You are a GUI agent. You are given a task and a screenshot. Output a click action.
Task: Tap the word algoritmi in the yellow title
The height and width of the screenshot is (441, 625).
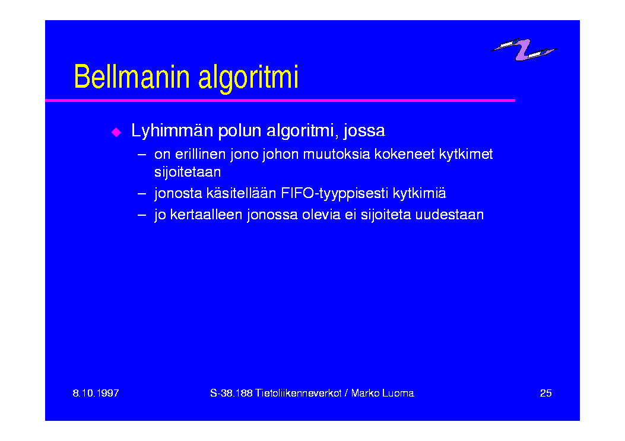[x=248, y=79]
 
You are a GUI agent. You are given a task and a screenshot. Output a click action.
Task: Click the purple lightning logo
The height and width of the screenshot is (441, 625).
[x=524, y=49]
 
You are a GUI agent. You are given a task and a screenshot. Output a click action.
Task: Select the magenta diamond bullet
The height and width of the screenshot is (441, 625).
[x=116, y=132]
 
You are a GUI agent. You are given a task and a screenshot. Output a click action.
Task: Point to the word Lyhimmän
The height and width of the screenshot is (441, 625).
[x=172, y=131]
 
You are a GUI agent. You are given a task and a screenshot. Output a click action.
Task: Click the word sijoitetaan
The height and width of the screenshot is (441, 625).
[x=188, y=172]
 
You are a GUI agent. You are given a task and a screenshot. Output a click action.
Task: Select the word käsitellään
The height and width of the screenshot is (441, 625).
[x=241, y=193]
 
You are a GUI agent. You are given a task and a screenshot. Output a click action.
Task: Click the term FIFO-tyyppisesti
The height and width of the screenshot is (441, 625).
[x=334, y=194]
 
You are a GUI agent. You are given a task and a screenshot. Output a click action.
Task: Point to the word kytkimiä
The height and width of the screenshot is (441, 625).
[x=419, y=193]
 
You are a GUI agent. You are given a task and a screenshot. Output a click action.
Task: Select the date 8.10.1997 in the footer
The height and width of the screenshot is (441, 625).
[x=96, y=393]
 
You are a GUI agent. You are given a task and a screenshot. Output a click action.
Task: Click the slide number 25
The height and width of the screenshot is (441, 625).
[x=545, y=393]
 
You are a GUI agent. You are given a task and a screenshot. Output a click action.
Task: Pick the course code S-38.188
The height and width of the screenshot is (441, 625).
[x=231, y=393]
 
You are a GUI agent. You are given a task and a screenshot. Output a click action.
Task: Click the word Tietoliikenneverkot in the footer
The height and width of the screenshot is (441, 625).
[x=299, y=393]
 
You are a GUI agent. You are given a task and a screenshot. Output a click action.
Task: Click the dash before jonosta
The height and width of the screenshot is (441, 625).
[x=142, y=194]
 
